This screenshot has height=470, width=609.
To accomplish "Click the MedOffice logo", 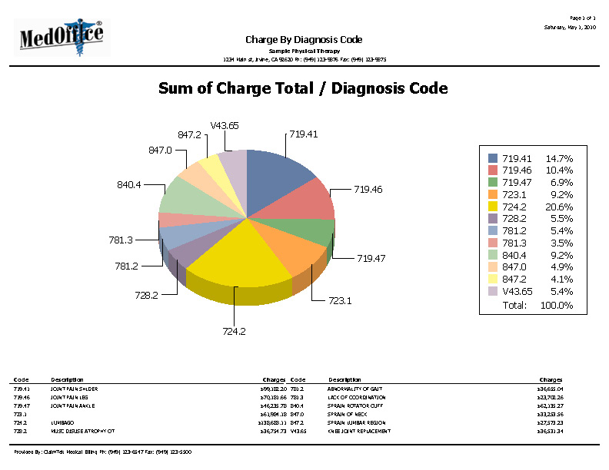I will click(x=63, y=36).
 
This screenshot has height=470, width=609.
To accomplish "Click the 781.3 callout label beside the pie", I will click(x=121, y=240).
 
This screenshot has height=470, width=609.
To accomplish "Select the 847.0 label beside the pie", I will click(x=160, y=150).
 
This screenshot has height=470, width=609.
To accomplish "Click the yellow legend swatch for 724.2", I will click(x=493, y=207).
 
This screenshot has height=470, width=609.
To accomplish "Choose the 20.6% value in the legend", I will click(x=559, y=207).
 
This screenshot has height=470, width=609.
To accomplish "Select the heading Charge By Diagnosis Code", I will click(x=304, y=39).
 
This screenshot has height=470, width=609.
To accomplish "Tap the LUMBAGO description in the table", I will click(x=62, y=422).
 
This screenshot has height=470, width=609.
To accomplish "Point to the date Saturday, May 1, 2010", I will click(x=570, y=27).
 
